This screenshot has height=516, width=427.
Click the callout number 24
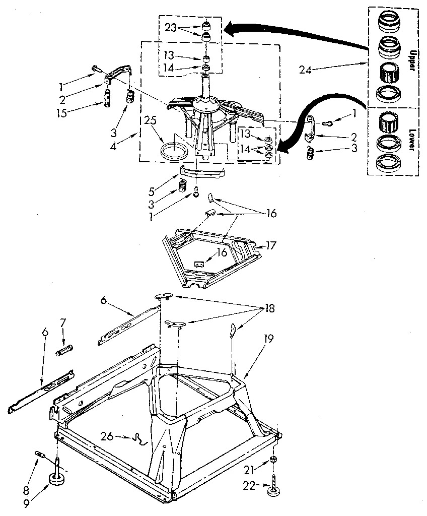point(305,70)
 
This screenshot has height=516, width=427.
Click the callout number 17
point(272,246)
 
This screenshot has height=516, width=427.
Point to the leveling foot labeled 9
point(57,477)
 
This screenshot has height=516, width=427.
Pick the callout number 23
point(171,28)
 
